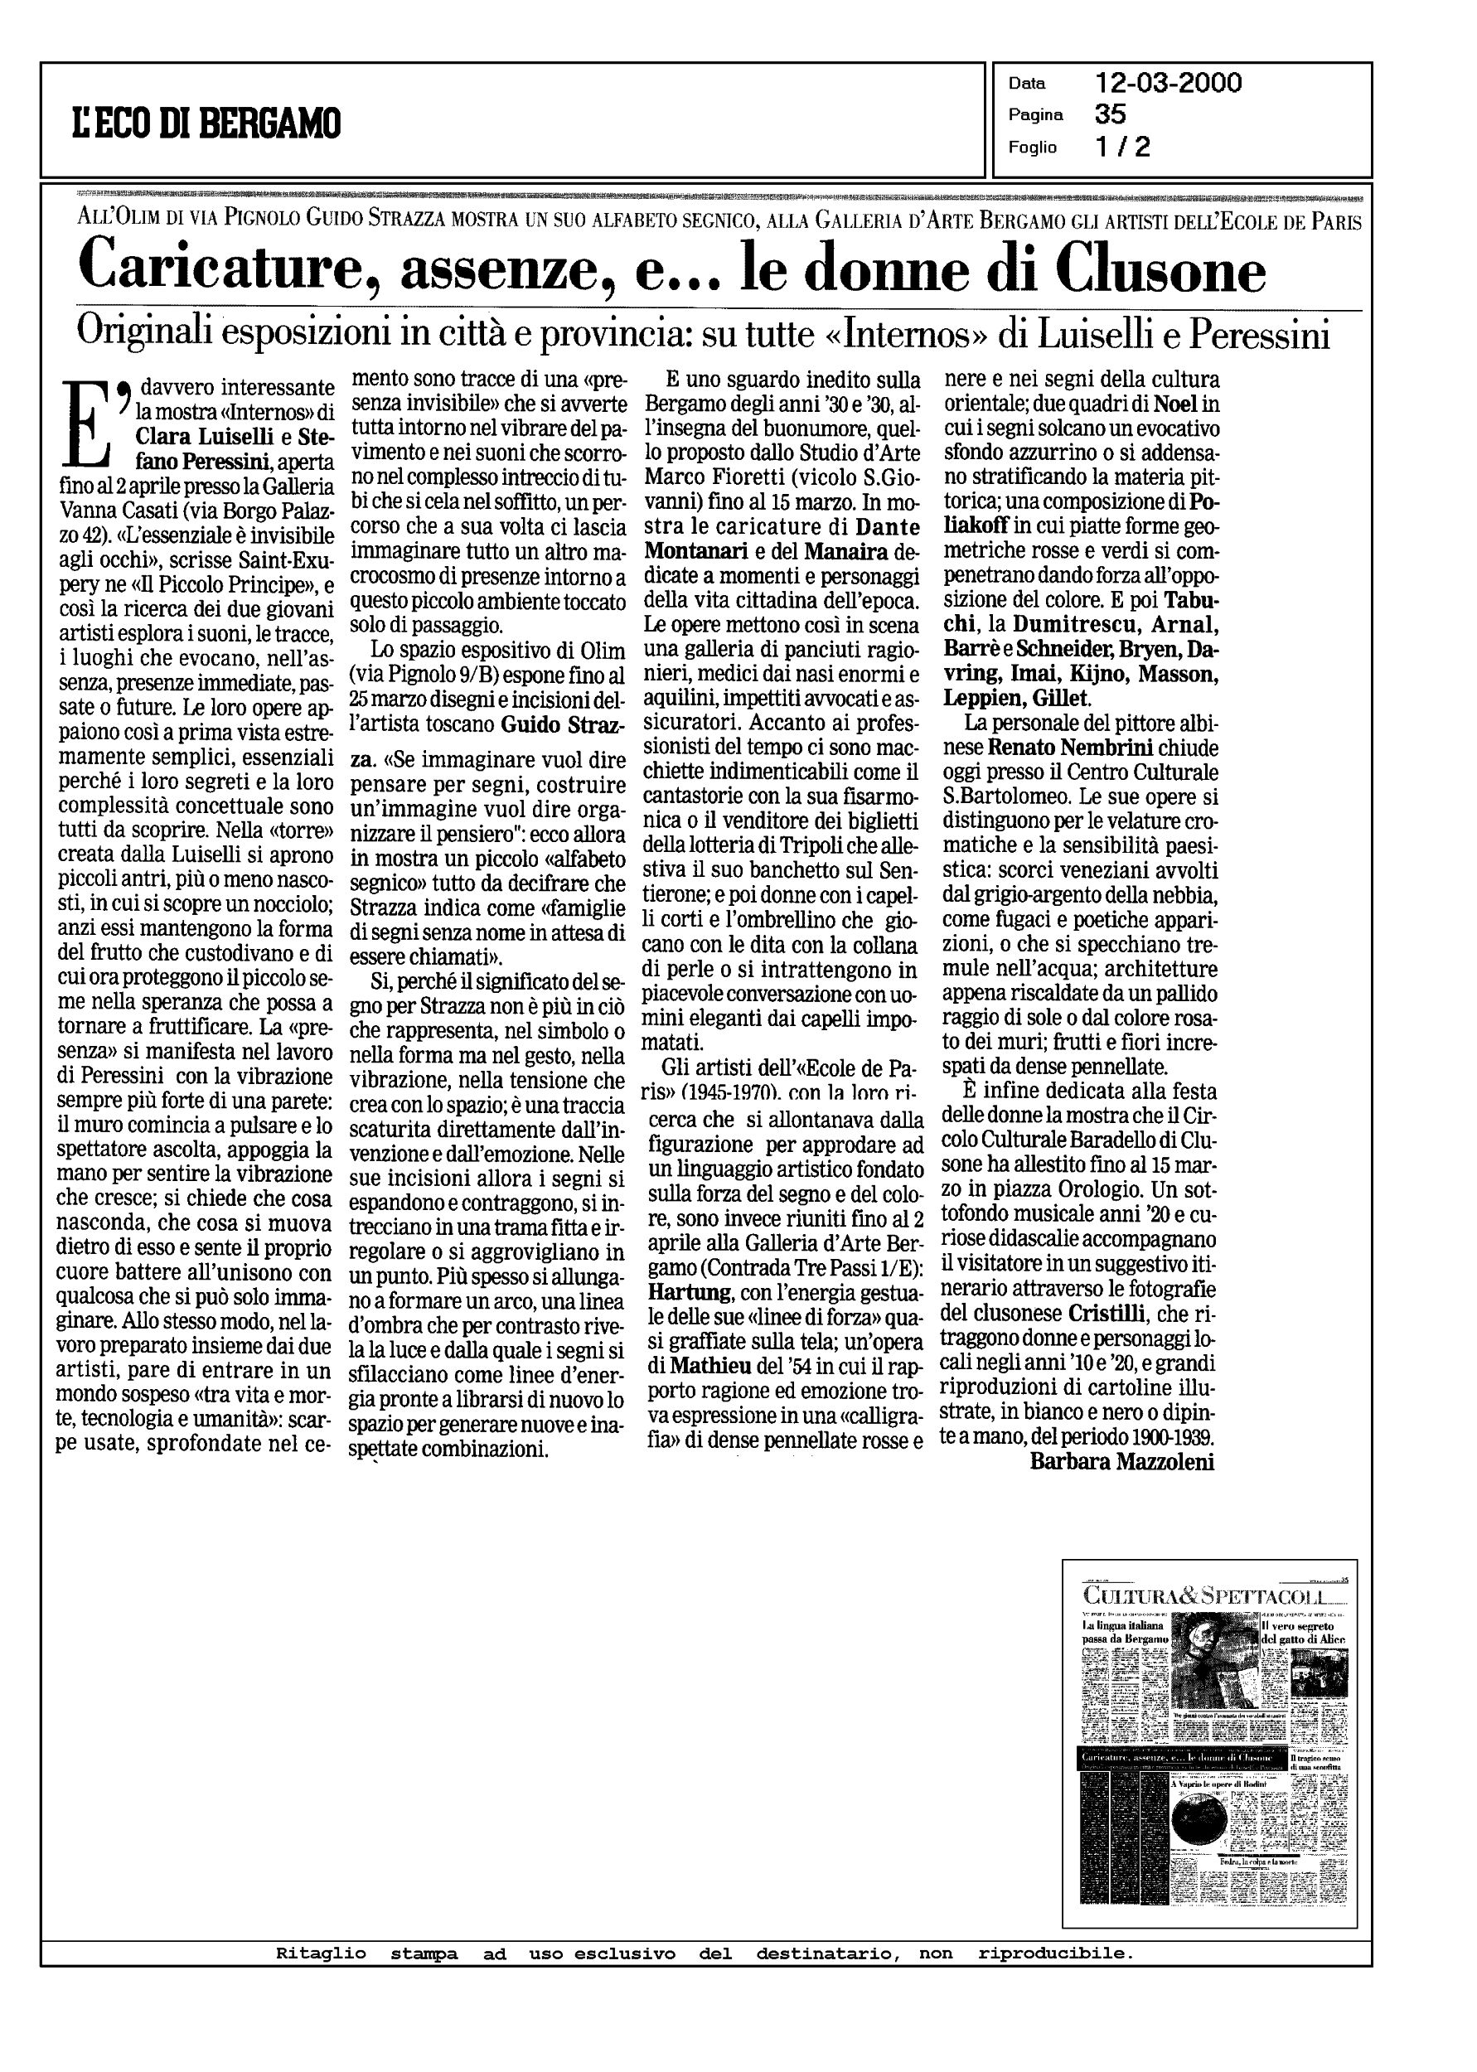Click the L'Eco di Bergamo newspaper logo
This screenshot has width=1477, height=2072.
tap(206, 122)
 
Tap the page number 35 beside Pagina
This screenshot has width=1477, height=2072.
tap(1111, 114)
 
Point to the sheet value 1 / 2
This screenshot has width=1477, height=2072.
tap(1123, 147)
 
